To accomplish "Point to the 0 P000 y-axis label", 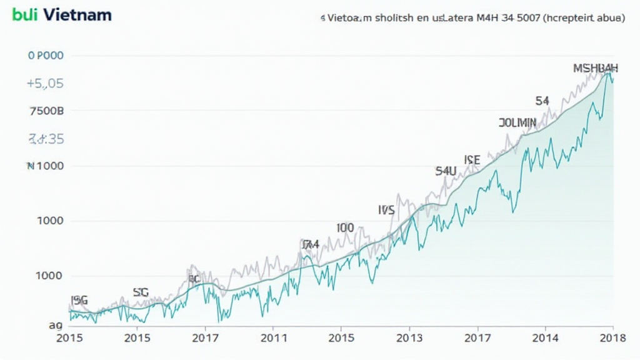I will click(x=46, y=56).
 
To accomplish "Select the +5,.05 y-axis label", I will click(x=46, y=84).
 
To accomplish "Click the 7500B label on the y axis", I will click(x=47, y=111).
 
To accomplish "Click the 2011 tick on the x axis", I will click(x=273, y=338).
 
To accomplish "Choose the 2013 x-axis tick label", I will click(x=409, y=338).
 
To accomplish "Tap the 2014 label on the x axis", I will click(x=546, y=338).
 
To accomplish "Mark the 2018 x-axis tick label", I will click(x=613, y=338).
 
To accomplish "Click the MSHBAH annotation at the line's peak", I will click(x=596, y=68).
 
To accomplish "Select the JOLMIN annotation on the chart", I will click(x=517, y=122).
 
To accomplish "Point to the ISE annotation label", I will click(x=472, y=161).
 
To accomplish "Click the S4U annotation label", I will click(x=446, y=171).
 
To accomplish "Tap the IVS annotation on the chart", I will click(x=386, y=210).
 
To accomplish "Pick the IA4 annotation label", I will click(x=310, y=244).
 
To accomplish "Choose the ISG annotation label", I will click(x=79, y=301).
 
